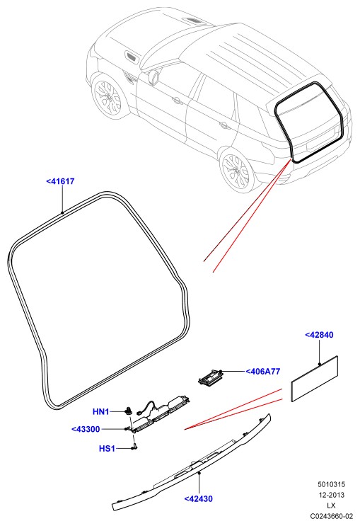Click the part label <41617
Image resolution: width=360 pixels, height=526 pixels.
(x=60, y=181)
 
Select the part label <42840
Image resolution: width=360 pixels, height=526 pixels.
(x=319, y=335)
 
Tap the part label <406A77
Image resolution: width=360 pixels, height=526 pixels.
(x=263, y=372)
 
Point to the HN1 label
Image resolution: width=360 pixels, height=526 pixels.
(x=101, y=411)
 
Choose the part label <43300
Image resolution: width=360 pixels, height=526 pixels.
(x=86, y=430)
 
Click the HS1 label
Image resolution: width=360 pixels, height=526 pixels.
(x=107, y=449)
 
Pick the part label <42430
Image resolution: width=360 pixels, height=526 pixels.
(x=199, y=499)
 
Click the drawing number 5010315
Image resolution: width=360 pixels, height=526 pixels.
(x=331, y=484)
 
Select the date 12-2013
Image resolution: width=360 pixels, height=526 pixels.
(x=331, y=495)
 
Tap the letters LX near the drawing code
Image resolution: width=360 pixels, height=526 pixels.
(x=331, y=505)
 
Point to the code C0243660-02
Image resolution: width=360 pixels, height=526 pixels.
(x=331, y=516)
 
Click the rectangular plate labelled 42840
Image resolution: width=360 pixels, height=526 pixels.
(x=315, y=379)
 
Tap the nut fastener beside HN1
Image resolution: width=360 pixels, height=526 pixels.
(x=129, y=411)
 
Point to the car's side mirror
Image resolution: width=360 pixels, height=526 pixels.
(x=153, y=77)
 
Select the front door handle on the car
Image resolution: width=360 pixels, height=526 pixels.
(x=176, y=100)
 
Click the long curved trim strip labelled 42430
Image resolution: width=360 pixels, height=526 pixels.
(x=192, y=465)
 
